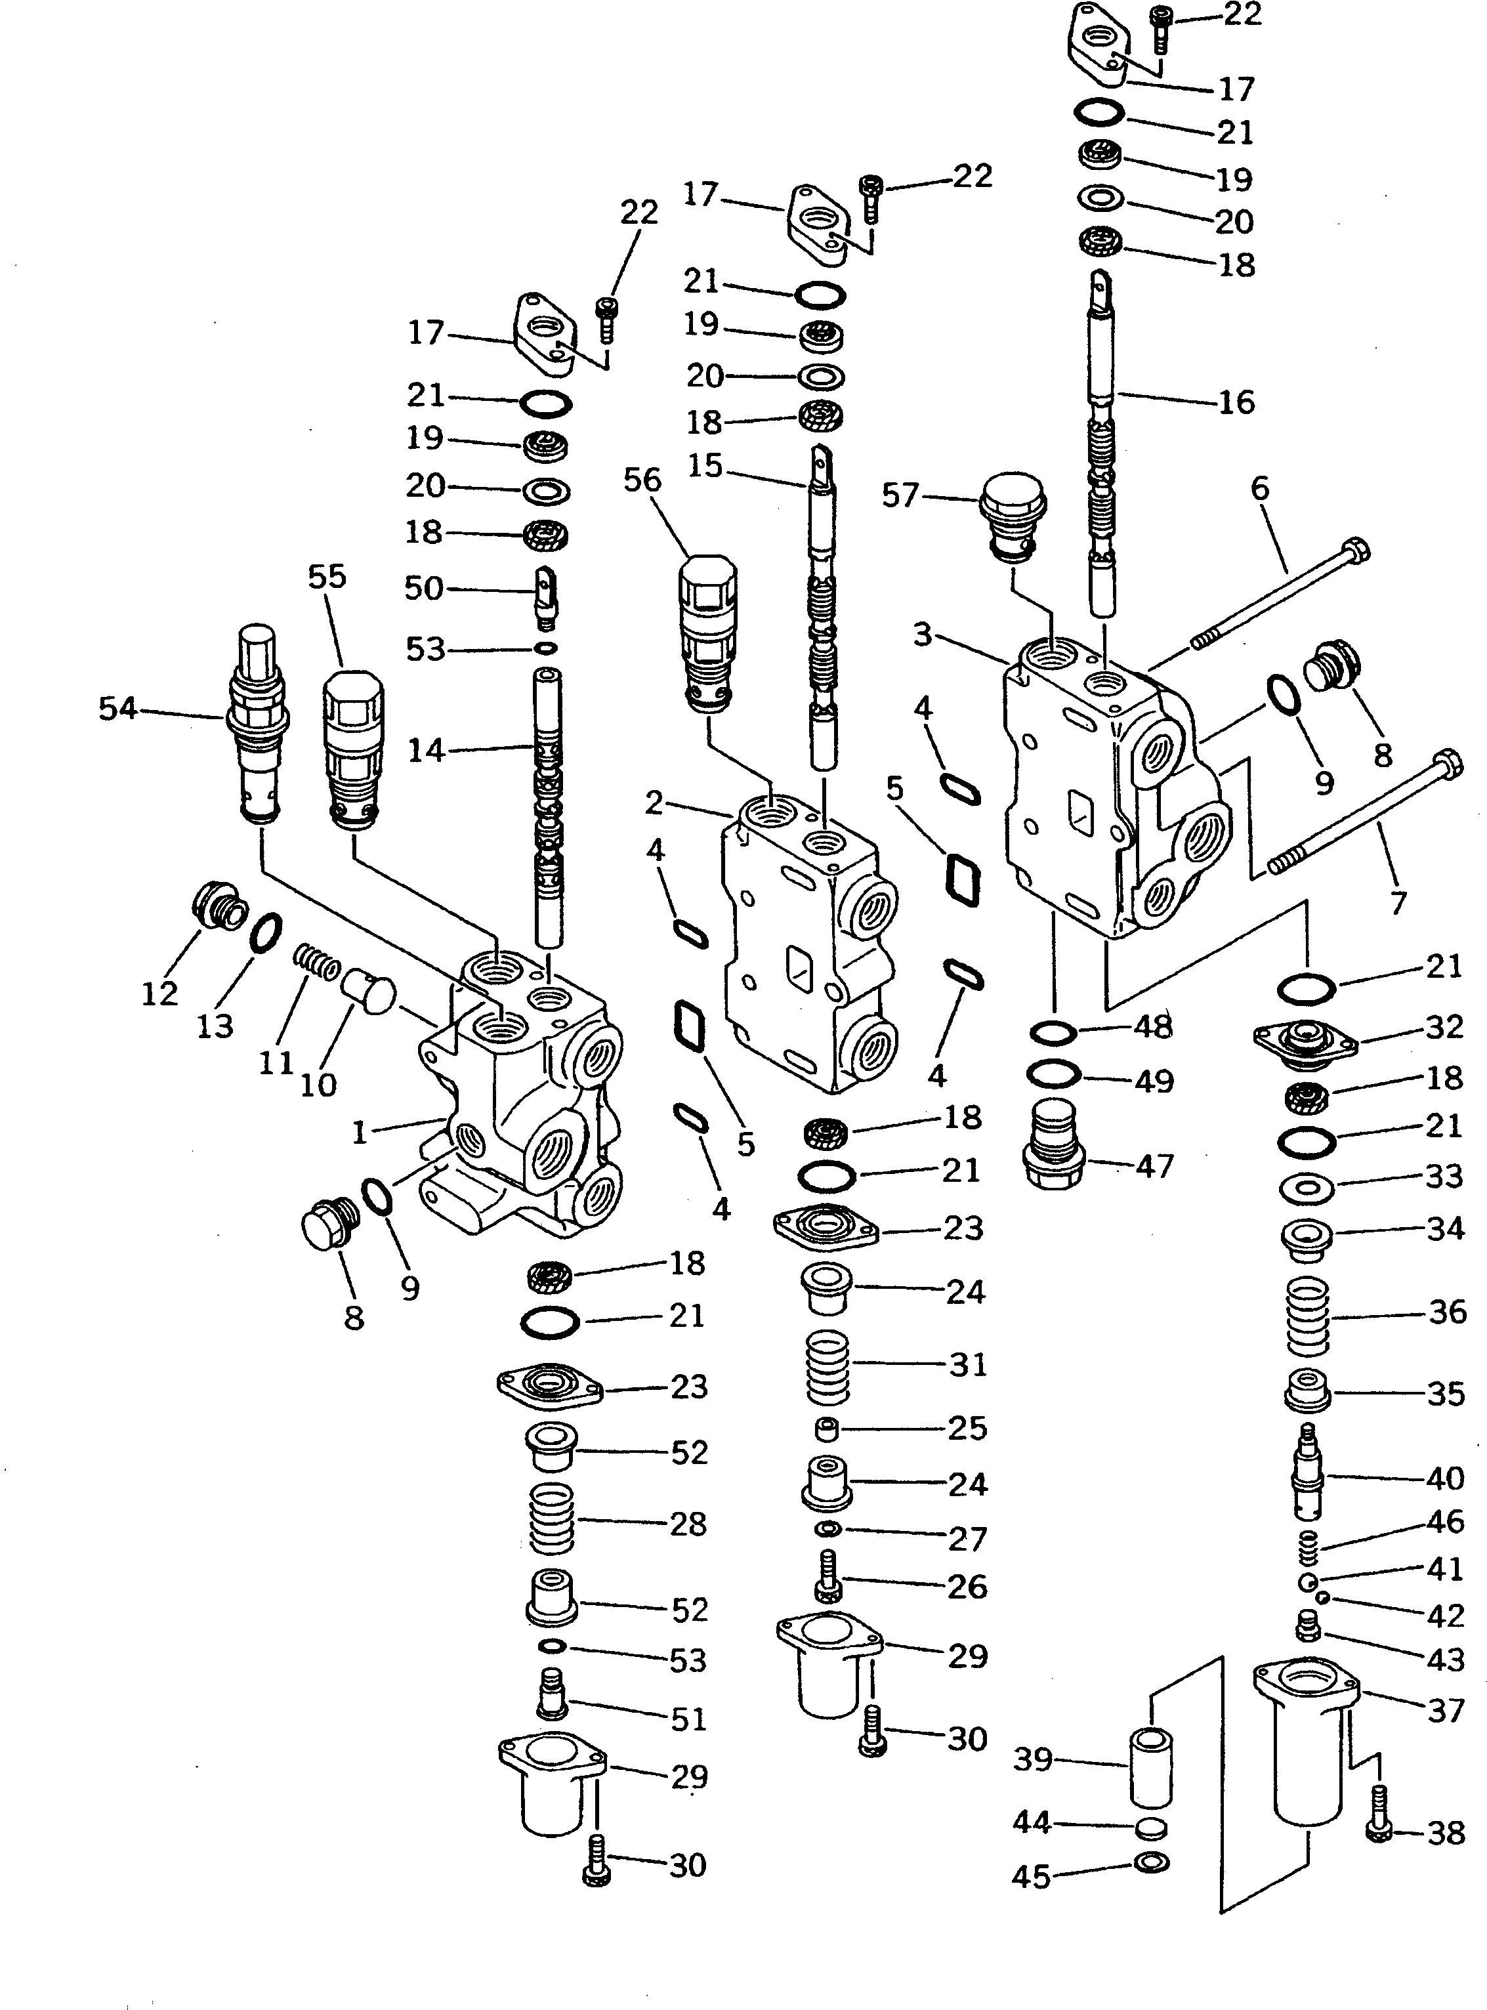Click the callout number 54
pos(118,709)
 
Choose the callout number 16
pos(1236,402)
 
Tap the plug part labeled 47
pos(1055,1145)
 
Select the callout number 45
pos(1031,1876)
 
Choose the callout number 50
pos(424,588)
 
